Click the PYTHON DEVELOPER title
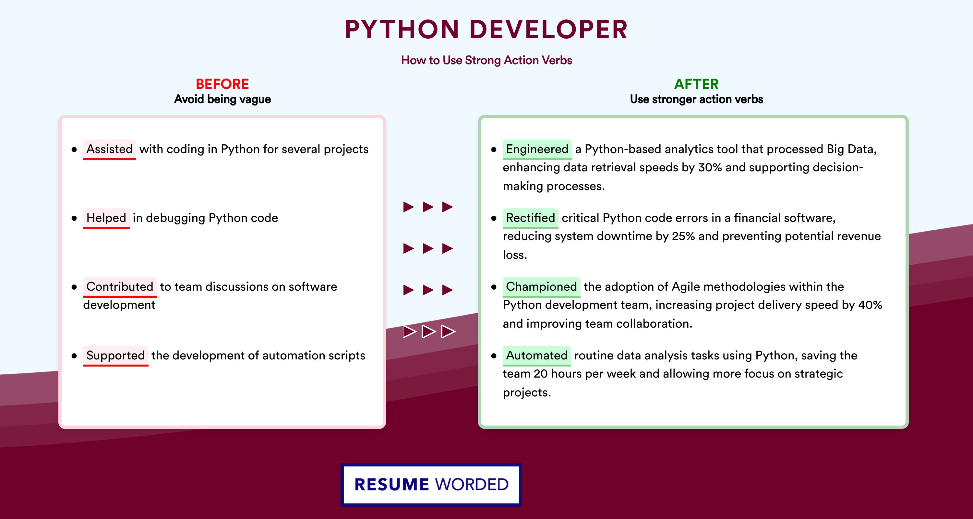(486, 30)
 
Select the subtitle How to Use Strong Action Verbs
(486, 60)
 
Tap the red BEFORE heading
(222, 84)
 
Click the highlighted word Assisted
(110, 149)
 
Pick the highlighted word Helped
(106, 218)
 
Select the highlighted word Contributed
(120, 286)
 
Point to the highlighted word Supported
(115, 355)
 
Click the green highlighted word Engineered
(537, 149)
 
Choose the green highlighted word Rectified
(530, 218)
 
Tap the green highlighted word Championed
(541, 286)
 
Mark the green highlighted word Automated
(536, 355)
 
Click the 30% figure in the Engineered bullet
(710, 167)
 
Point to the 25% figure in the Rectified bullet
(683, 236)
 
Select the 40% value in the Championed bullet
(870, 305)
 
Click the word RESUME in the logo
(392, 485)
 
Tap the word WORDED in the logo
(472, 485)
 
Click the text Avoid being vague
(222, 99)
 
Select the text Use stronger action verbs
(697, 99)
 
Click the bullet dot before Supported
(74, 356)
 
